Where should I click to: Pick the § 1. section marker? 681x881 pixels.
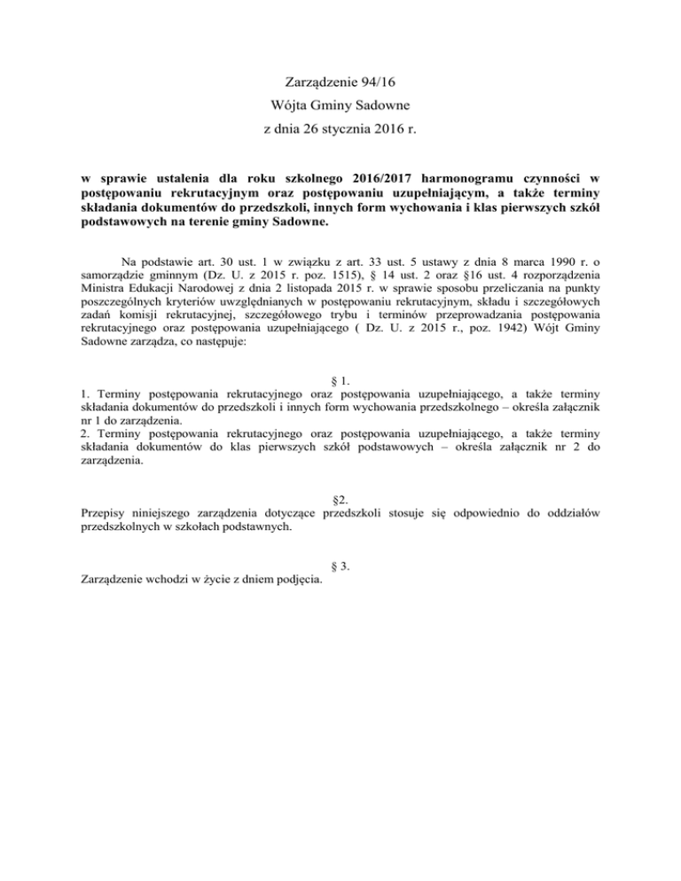click(x=339, y=384)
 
